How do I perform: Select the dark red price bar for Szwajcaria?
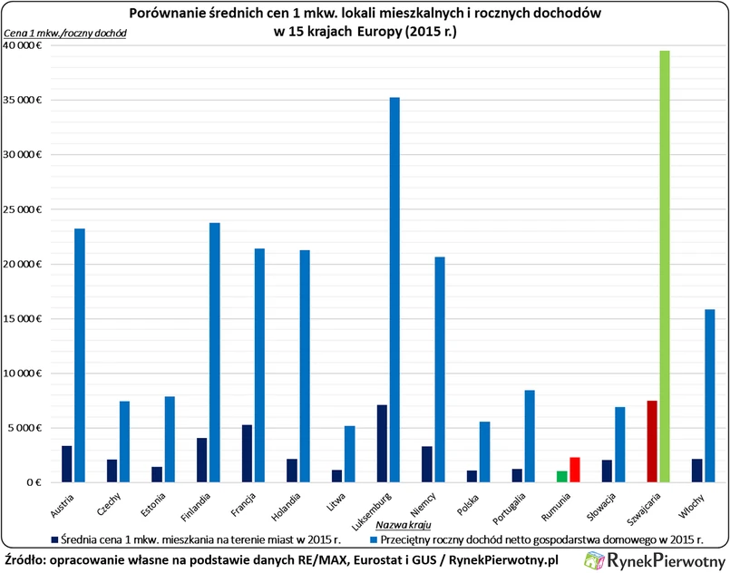pyautogui.click(x=652, y=442)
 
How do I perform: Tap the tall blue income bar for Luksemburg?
pyautogui.click(x=394, y=289)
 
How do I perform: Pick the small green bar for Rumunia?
pyautogui.click(x=561, y=477)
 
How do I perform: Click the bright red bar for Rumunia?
pyautogui.click(x=575, y=470)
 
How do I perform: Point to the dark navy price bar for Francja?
pyautogui.click(x=247, y=453)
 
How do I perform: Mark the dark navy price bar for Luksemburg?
pyautogui.click(x=382, y=443)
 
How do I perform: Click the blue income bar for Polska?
pyautogui.click(x=484, y=452)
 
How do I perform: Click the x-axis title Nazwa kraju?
pyautogui.click(x=403, y=525)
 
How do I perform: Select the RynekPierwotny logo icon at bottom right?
pyautogui.click(x=596, y=560)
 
